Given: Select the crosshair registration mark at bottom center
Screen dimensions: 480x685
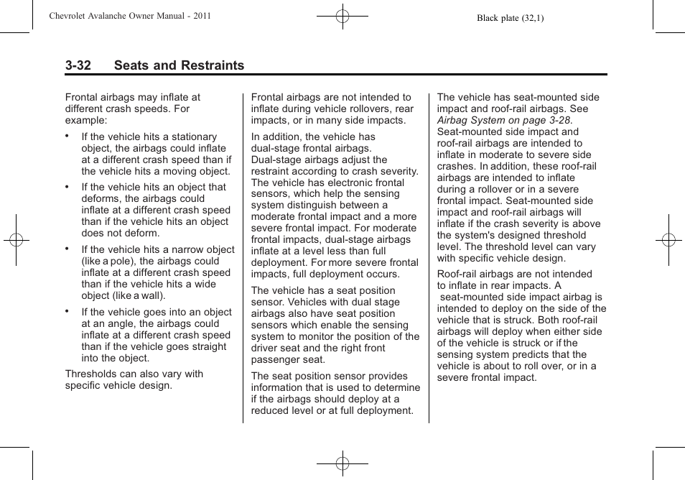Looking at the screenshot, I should click(x=342, y=464).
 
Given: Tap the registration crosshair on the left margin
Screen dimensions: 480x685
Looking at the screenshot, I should click(x=16, y=240).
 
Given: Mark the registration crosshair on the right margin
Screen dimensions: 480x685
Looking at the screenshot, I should click(x=668, y=240).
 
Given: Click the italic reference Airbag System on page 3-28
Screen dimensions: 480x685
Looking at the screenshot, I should click(x=504, y=120).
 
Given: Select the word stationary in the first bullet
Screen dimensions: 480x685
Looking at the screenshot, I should click(x=192, y=137).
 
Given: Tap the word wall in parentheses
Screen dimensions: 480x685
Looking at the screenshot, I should click(x=151, y=295).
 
